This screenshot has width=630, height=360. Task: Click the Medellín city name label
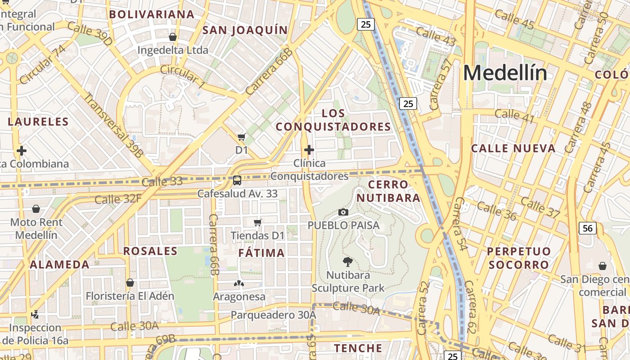[x=505, y=73]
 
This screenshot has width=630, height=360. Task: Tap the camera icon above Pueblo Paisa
[x=343, y=212]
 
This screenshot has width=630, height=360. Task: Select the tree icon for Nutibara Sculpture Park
[x=347, y=261]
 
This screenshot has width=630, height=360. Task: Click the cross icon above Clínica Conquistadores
[x=309, y=150]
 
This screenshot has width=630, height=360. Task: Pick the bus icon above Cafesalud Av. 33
[x=237, y=180]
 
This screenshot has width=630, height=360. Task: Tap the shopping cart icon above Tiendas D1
[x=258, y=222]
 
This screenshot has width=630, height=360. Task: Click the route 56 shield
[x=588, y=228]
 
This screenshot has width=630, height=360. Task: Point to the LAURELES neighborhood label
[x=38, y=121]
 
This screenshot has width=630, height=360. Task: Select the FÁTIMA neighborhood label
[x=261, y=253]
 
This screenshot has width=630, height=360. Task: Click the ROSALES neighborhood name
[x=150, y=251]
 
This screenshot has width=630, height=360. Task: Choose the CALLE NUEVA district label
[x=513, y=148]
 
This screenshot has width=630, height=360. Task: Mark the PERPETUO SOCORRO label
[x=519, y=258]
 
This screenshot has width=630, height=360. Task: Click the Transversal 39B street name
[x=113, y=125]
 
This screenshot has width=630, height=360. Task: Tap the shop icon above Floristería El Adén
[x=130, y=283]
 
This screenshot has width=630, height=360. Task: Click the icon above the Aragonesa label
[x=238, y=283]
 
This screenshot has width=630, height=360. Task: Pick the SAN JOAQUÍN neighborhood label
[x=245, y=30]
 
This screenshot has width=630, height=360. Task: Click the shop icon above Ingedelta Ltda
[x=172, y=37]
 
